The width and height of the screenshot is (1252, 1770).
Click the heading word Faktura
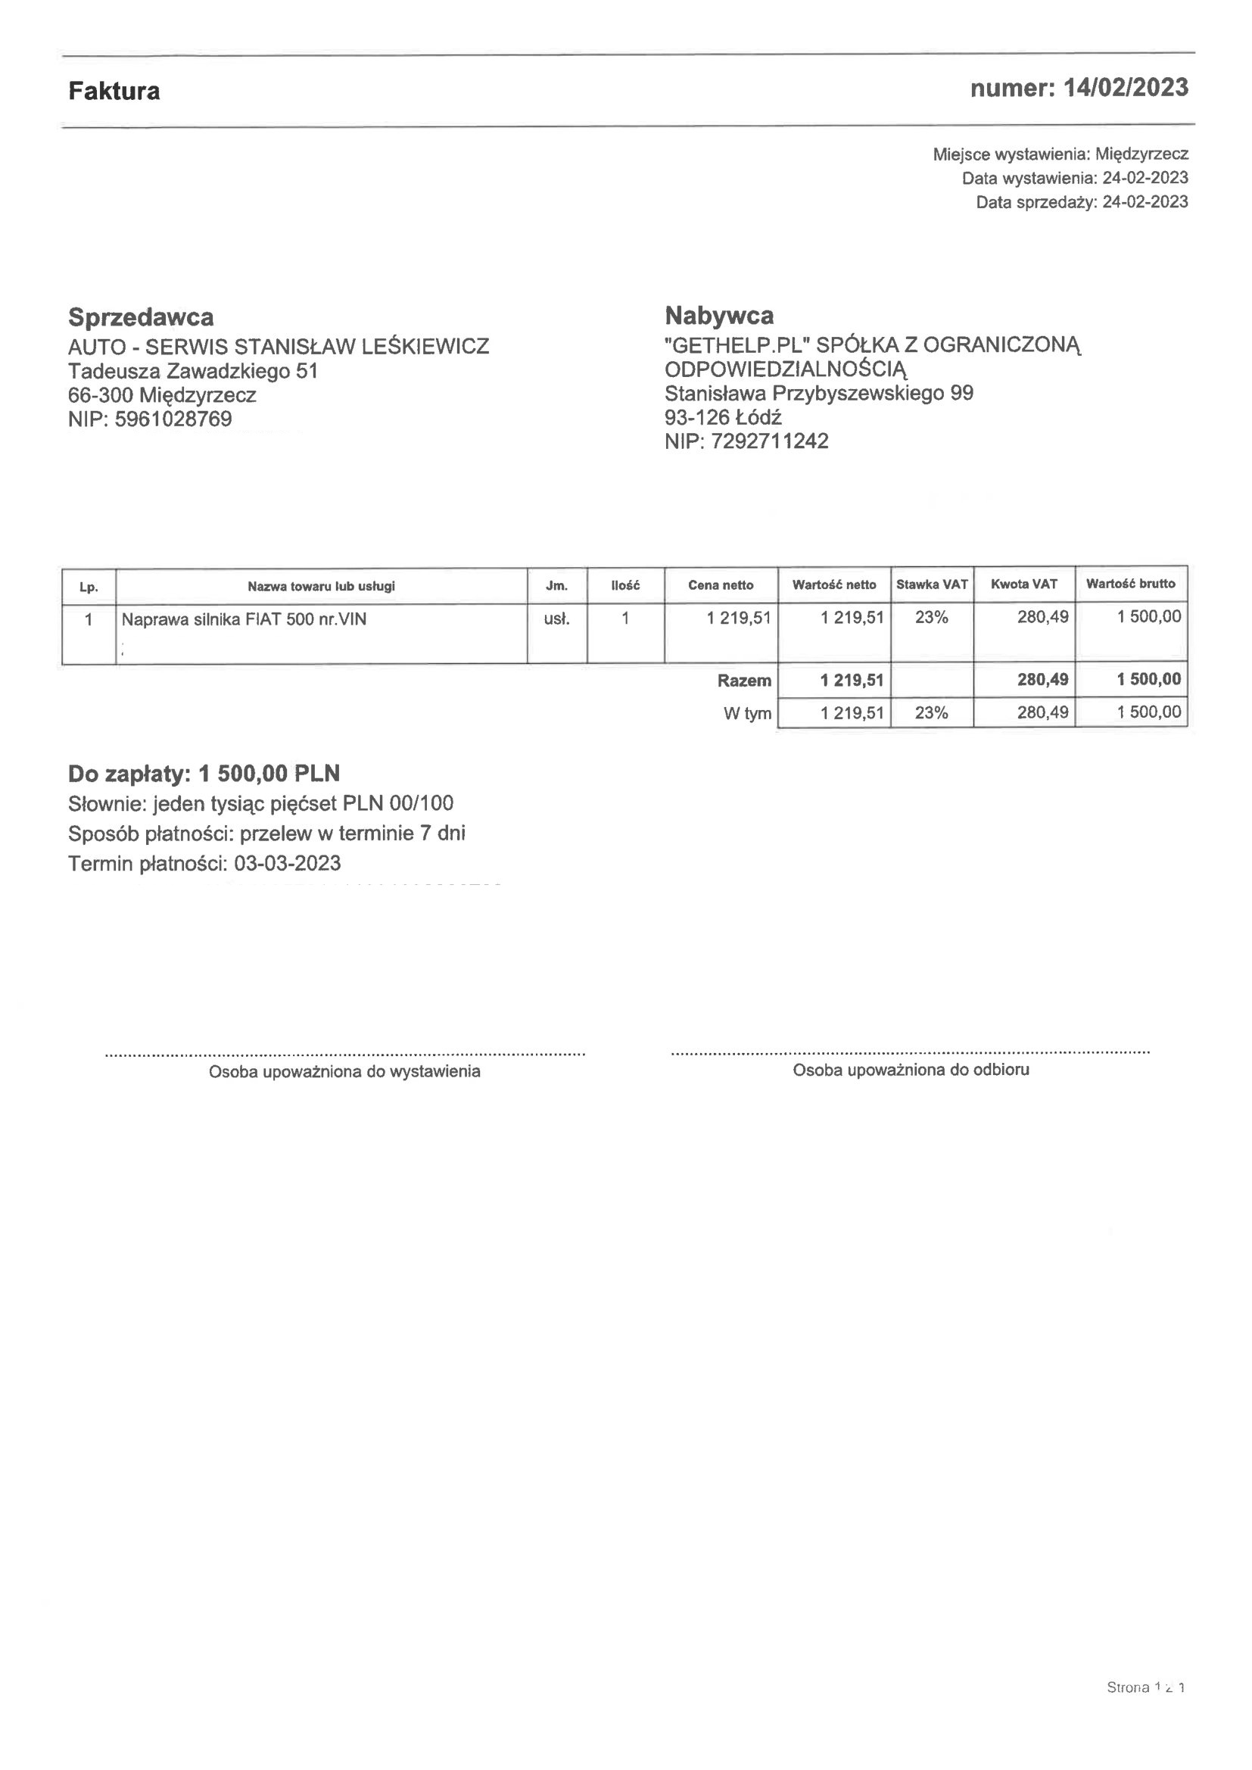[114, 91]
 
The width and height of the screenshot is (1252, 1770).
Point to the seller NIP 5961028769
[173, 419]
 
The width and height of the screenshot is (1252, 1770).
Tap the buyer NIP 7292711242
[769, 441]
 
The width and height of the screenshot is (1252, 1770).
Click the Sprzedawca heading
[141, 317]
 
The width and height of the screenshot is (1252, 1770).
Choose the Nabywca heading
[719, 315]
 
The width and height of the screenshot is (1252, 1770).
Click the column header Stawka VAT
[931, 584]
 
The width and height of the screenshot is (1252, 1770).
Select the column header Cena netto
[721, 585]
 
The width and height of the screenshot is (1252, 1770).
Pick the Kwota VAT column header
[1024, 584]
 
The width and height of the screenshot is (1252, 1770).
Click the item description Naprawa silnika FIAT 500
[244, 619]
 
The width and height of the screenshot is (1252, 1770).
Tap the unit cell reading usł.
[556, 619]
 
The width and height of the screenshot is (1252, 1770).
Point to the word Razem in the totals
[744, 681]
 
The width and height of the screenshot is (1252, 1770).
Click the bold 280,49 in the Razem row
[1042, 679]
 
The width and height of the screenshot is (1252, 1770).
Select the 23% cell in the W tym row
[931, 712]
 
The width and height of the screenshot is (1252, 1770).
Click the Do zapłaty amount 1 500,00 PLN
[269, 773]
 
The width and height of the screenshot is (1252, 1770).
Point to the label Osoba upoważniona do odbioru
[911, 1070]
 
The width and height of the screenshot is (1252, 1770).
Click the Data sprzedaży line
[1082, 202]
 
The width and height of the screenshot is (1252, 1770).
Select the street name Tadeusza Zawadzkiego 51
[193, 371]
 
